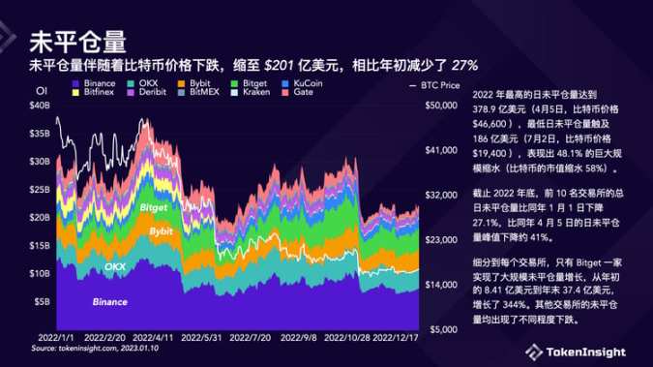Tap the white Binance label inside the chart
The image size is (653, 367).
pyautogui.click(x=108, y=302)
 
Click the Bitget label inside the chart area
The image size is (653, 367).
pyautogui.click(x=154, y=207)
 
